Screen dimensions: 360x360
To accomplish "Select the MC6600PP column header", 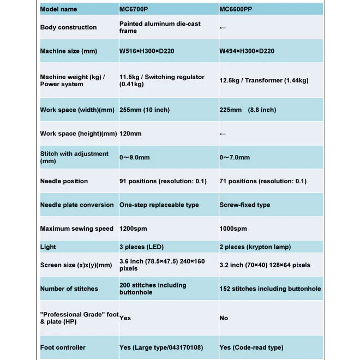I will [x=239, y=9].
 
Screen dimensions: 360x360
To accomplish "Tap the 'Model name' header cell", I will [x=59, y=9].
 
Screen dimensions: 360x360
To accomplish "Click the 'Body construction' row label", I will [x=69, y=27].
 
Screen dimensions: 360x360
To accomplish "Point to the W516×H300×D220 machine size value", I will [x=147, y=51].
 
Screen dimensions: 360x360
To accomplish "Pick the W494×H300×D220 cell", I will [x=247, y=51].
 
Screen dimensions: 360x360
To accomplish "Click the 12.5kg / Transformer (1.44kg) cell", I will [x=264, y=81].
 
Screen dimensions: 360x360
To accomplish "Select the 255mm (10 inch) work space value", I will [x=145, y=110].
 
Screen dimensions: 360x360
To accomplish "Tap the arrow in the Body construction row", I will [x=223, y=27].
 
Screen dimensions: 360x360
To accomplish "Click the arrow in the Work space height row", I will [x=223, y=134].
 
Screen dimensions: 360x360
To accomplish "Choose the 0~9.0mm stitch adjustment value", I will [x=135, y=158].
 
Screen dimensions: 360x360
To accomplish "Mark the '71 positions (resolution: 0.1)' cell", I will [x=263, y=181].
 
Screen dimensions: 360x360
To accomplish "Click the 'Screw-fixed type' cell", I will [x=245, y=205].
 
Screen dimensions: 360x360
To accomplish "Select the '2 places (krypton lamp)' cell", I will [x=255, y=247].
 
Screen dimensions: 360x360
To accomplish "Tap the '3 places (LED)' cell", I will [x=140, y=247].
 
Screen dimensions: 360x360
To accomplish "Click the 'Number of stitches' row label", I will [x=69, y=289].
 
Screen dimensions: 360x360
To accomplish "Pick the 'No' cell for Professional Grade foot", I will [x=224, y=318].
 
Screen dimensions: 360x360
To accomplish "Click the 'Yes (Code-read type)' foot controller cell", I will [x=251, y=347].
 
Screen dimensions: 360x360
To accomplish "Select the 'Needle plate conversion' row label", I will [x=77, y=205].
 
